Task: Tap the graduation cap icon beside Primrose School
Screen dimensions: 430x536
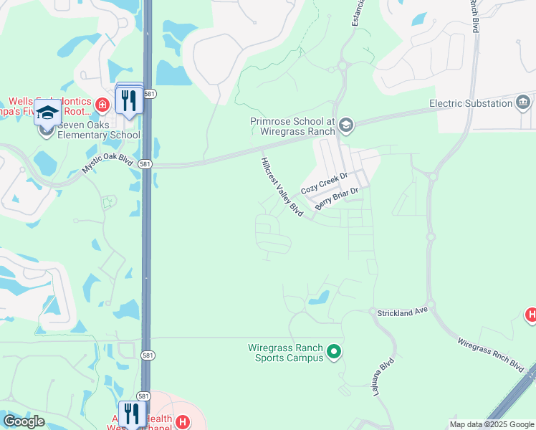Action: click(347, 126)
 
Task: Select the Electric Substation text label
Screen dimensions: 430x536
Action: click(470, 103)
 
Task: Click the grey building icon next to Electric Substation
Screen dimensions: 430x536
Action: click(524, 103)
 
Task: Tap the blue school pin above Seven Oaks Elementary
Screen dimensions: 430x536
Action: click(48, 115)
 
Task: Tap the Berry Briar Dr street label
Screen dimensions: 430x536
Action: click(335, 199)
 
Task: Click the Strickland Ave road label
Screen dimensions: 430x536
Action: click(402, 312)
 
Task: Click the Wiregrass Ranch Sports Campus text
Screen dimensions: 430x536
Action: click(286, 352)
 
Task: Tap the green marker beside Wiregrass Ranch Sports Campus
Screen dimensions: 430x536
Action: click(333, 352)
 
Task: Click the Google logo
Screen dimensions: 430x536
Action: click(24, 421)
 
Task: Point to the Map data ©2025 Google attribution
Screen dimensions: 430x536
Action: click(491, 424)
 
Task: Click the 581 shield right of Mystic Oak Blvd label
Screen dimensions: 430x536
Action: click(145, 163)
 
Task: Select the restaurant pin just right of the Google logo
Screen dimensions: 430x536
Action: click(131, 414)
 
